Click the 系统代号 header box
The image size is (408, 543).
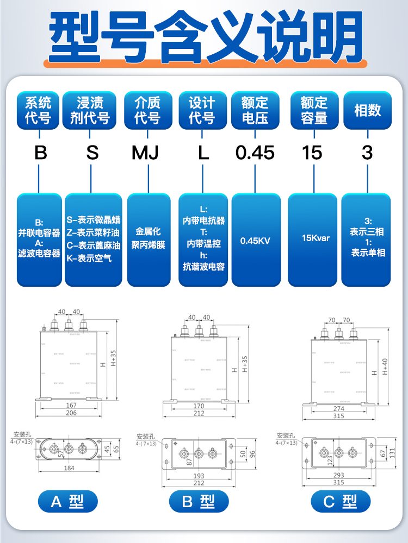[39, 110]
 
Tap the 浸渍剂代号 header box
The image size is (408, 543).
[90, 110]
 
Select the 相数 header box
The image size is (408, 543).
[367, 110]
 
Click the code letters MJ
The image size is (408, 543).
[145, 153]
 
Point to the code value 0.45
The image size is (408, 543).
[255, 153]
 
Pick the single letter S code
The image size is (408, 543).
[92, 153]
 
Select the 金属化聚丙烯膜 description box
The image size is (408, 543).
[149, 239]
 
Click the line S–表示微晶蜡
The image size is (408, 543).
[93, 220]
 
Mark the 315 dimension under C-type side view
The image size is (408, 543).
[339, 416]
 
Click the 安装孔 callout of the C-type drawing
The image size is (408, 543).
[286, 435]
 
